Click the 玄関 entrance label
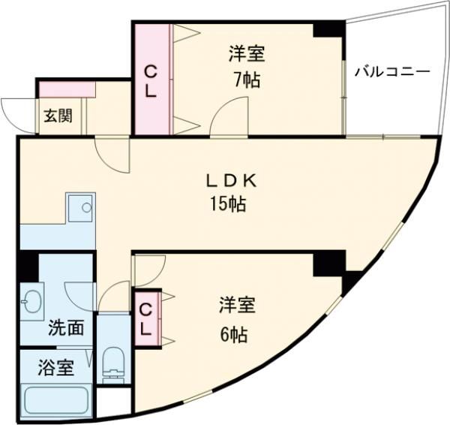pyautogui.click(x=56, y=116)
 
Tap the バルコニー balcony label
pyautogui.click(x=391, y=72)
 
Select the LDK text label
pyautogui.click(x=232, y=181)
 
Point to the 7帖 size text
pyautogui.click(x=247, y=80)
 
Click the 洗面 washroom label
pyautogui.click(x=65, y=327)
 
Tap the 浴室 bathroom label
pyautogui.click(x=56, y=369)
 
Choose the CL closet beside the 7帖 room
pyautogui.click(x=151, y=80)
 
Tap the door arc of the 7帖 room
pyautogui.click(x=223, y=120)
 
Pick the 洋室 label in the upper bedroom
pyautogui.click(x=247, y=55)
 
